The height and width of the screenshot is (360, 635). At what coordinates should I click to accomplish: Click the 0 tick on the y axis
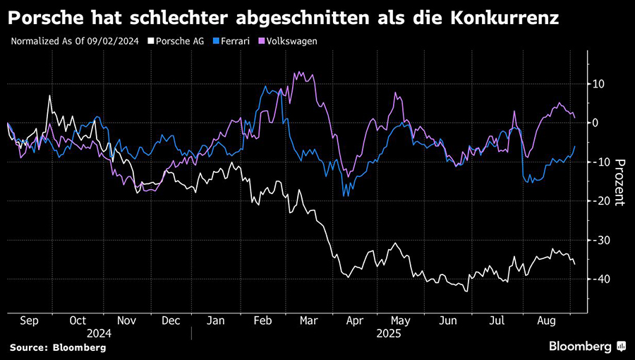(x=597, y=123)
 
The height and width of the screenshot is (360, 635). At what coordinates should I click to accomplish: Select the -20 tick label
(x=600, y=201)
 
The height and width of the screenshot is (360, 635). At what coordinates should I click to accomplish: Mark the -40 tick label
(x=600, y=280)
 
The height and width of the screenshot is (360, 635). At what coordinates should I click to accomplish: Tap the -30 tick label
(x=600, y=241)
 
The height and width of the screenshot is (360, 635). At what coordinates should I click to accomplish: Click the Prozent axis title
(x=619, y=181)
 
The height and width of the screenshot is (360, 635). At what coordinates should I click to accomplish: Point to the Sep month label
(x=29, y=320)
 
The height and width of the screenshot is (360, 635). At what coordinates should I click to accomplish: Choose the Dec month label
(x=170, y=320)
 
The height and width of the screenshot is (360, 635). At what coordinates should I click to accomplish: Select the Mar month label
(x=308, y=320)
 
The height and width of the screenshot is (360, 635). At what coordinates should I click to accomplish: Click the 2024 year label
(x=99, y=332)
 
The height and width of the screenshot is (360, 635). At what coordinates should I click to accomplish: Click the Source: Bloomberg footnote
(x=58, y=347)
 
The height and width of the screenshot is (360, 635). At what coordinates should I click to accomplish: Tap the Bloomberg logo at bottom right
(x=587, y=346)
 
